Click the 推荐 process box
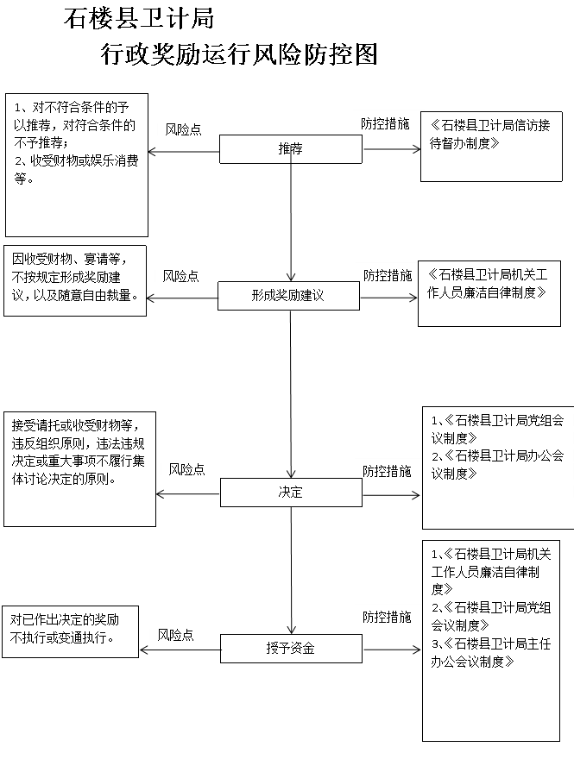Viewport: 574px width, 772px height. click(x=291, y=149)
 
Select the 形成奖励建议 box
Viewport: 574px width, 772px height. click(x=288, y=295)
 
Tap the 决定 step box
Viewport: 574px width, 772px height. click(x=291, y=493)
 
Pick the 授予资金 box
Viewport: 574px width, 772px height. click(x=291, y=649)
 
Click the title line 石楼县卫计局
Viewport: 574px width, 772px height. click(x=139, y=19)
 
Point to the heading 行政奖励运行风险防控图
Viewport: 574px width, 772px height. click(x=239, y=53)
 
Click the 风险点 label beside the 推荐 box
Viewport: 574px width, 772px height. click(x=183, y=129)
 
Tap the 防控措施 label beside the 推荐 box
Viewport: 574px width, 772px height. click(x=385, y=123)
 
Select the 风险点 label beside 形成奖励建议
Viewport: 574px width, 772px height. click(x=180, y=276)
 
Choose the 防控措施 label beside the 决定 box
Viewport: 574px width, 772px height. click(x=387, y=471)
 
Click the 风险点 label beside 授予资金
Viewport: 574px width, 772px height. click(x=175, y=635)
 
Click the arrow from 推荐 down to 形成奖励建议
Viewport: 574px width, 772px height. click(x=291, y=223)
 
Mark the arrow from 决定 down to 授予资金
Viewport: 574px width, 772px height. click(x=291, y=571)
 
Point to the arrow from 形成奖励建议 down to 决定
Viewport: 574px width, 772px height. click(x=291, y=394)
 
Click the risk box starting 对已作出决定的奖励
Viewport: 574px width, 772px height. click(x=71, y=631)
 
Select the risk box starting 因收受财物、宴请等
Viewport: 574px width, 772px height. click(x=75, y=280)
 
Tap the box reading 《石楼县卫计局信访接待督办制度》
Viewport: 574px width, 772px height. click(x=491, y=147)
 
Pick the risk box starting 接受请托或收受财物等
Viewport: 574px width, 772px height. click(x=79, y=469)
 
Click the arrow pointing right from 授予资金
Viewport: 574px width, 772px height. click(x=392, y=650)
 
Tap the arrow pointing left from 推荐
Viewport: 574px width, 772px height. click(x=184, y=151)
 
